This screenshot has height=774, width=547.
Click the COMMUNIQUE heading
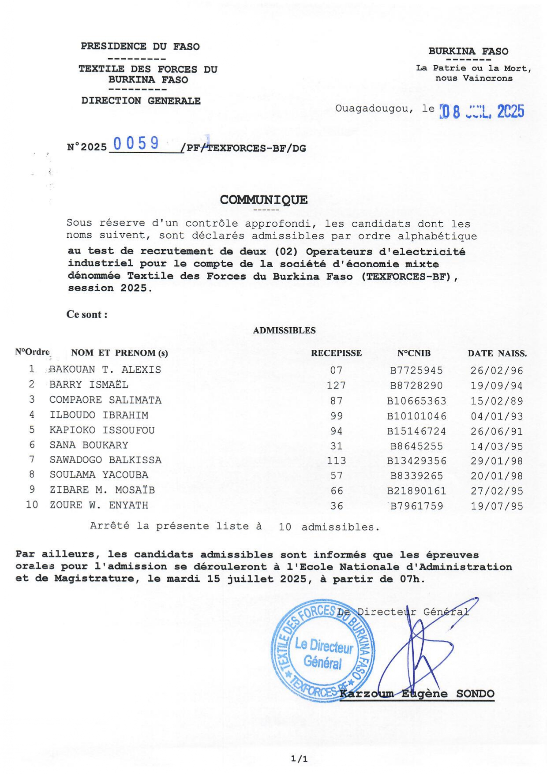click(264, 200)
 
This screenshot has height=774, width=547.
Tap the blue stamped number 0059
click(136, 143)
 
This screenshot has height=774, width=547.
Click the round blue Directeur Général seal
click(323, 651)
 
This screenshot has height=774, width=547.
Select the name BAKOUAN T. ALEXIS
click(105, 370)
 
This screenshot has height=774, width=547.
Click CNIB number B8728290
click(416, 385)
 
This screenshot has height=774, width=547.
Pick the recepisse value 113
click(336, 461)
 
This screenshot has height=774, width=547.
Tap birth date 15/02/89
click(497, 401)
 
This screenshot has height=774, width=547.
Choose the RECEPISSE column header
click(336, 353)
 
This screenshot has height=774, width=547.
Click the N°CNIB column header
click(414, 353)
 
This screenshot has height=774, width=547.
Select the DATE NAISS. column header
click(497, 353)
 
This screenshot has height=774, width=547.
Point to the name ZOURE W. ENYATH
click(99, 505)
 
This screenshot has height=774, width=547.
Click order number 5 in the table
click(32, 430)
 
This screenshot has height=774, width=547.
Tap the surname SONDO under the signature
click(475, 694)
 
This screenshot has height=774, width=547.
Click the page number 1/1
click(299, 759)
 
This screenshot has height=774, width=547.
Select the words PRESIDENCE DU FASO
click(140, 46)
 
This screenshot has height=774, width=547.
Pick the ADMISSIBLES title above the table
click(284, 330)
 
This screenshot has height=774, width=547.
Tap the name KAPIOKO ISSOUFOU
click(102, 430)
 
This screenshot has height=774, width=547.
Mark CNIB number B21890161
click(416, 491)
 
